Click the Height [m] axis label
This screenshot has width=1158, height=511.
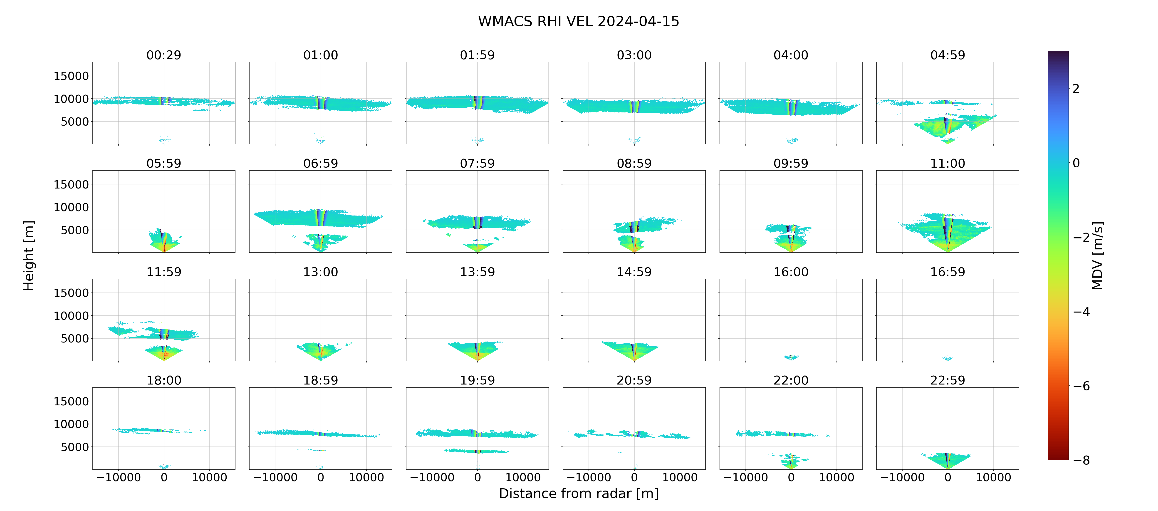(28, 256)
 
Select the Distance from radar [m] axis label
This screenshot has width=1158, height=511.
(579, 494)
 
